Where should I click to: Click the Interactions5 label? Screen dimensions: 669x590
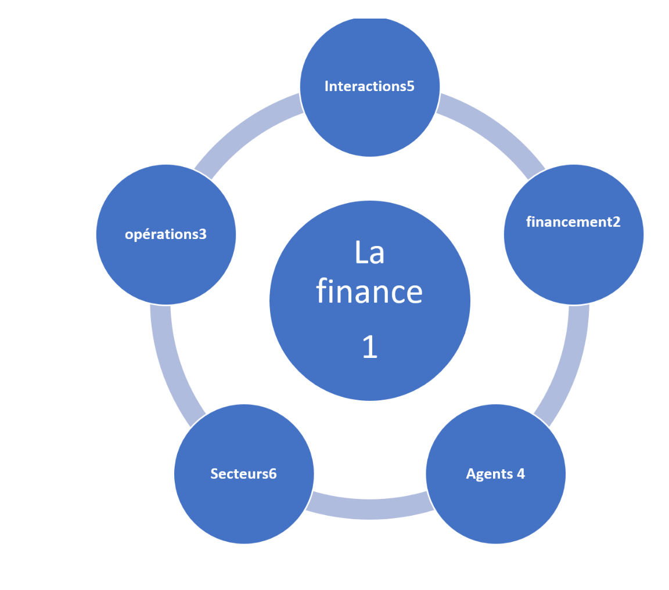tap(369, 86)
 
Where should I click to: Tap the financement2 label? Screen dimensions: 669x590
tap(573, 222)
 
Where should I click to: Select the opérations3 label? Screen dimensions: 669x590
tap(166, 234)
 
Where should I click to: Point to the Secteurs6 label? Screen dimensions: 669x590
tap(244, 473)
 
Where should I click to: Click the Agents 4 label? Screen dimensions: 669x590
tap(495, 474)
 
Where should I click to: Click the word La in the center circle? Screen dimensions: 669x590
tap(369, 252)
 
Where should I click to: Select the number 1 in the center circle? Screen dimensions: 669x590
tap(370, 346)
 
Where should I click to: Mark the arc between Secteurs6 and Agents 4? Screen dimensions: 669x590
tap(370, 508)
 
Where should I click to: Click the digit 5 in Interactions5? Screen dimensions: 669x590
tap(411, 86)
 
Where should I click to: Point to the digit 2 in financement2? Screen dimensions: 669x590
tap(616, 222)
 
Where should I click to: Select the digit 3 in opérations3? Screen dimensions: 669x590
tap(203, 234)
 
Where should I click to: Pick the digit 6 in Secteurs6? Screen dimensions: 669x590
tap(272, 474)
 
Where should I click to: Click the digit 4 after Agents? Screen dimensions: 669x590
tap(520, 474)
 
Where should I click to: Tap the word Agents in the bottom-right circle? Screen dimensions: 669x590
tap(490, 475)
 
